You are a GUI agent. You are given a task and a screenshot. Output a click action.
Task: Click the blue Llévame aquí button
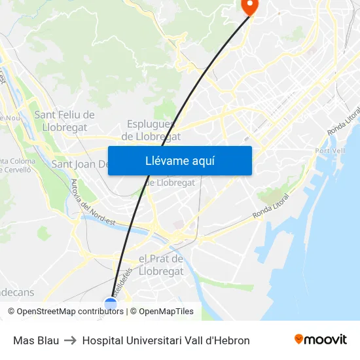click(x=179, y=160)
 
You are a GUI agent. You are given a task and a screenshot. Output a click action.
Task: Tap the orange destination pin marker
click(x=250, y=5)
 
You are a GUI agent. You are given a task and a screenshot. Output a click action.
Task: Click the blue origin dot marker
click(x=111, y=302)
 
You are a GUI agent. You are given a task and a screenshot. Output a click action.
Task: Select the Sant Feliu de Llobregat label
click(x=64, y=120)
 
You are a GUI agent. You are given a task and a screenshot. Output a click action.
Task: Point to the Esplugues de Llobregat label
click(x=151, y=130)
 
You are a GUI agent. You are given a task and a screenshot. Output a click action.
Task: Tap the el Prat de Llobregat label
click(x=161, y=264)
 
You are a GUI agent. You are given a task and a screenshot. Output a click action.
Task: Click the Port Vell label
click(x=330, y=151)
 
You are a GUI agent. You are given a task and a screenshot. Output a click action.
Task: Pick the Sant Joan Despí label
click(x=79, y=164)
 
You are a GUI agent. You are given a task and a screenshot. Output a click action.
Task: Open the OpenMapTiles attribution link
click(x=166, y=312)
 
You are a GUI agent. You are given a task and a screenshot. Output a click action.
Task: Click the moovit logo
click(x=320, y=340)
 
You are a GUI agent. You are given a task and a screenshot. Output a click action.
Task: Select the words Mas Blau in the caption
click(x=36, y=340)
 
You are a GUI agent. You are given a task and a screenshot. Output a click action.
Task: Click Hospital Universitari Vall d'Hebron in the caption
click(x=166, y=340)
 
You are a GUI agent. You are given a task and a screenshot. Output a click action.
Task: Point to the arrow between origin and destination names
click(x=71, y=340)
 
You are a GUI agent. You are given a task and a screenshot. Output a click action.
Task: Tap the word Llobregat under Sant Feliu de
click(x=64, y=127)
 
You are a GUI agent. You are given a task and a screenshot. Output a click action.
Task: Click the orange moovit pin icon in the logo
click(x=299, y=339)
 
